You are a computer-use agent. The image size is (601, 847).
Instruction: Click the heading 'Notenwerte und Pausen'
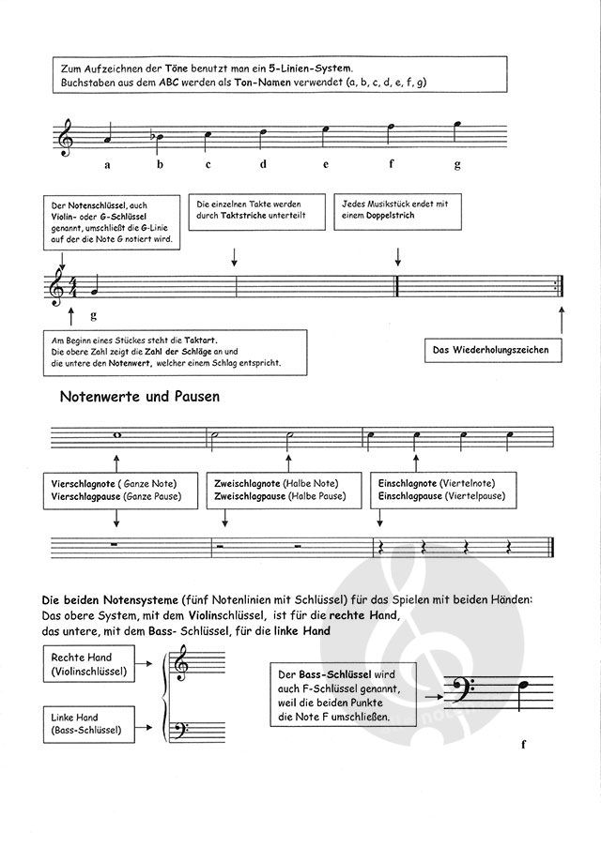[140, 396]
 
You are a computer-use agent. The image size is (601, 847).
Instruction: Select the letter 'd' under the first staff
[264, 165]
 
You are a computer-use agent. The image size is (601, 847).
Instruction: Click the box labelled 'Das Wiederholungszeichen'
[489, 350]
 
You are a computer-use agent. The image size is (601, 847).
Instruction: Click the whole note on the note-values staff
[116, 434]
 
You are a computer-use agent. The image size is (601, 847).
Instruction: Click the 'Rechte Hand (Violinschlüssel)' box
[89, 664]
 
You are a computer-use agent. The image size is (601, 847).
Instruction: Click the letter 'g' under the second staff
[94, 316]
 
